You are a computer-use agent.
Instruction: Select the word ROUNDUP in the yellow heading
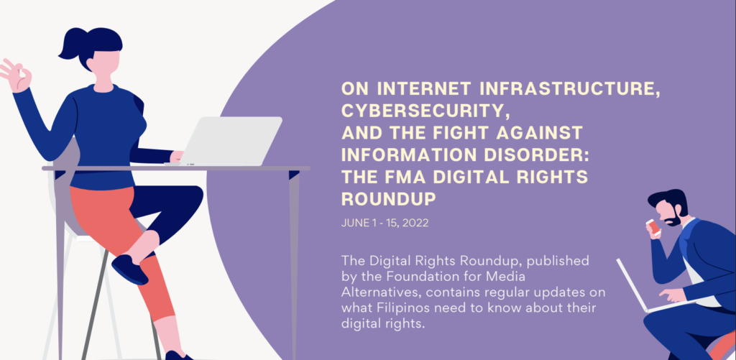tap(389, 199)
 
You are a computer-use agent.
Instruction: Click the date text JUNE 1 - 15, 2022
tap(385, 223)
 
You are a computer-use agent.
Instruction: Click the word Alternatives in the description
tap(371, 292)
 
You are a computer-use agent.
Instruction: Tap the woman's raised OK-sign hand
tap(15, 75)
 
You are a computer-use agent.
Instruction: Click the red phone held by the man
tap(653, 226)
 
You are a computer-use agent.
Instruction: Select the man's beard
tap(675, 217)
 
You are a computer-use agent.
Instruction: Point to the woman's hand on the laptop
tap(177, 157)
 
